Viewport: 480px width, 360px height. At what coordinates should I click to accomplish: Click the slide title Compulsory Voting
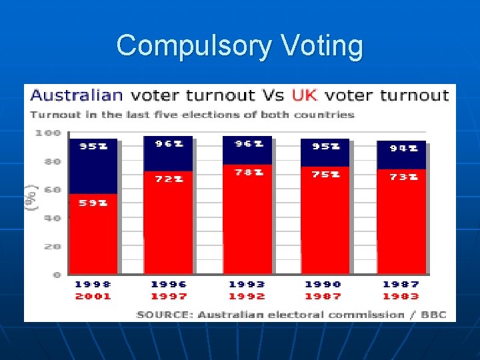[240, 46]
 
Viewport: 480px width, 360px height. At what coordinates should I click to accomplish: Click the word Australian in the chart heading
[77, 95]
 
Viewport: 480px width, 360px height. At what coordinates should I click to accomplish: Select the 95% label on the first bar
[93, 147]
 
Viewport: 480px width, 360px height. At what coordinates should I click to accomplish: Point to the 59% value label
[93, 203]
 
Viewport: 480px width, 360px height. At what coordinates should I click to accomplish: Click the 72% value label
[169, 179]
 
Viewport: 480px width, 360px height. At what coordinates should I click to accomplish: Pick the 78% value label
[249, 173]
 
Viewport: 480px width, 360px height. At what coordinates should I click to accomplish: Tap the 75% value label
[326, 174]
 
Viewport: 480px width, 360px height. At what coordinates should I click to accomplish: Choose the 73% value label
[404, 177]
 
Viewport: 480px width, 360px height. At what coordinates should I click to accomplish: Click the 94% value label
[404, 149]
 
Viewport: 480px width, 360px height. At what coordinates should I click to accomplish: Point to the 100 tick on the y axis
[48, 133]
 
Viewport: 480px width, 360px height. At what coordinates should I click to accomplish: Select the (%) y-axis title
[31, 198]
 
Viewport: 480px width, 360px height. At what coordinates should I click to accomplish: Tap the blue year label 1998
[93, 285]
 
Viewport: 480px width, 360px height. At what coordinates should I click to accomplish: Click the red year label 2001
[93, 296]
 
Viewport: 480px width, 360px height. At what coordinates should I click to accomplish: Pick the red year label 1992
[247, 296]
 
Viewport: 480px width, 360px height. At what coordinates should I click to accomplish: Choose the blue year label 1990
[323, 285]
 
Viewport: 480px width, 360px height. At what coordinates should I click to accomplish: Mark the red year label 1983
[401, 296]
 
